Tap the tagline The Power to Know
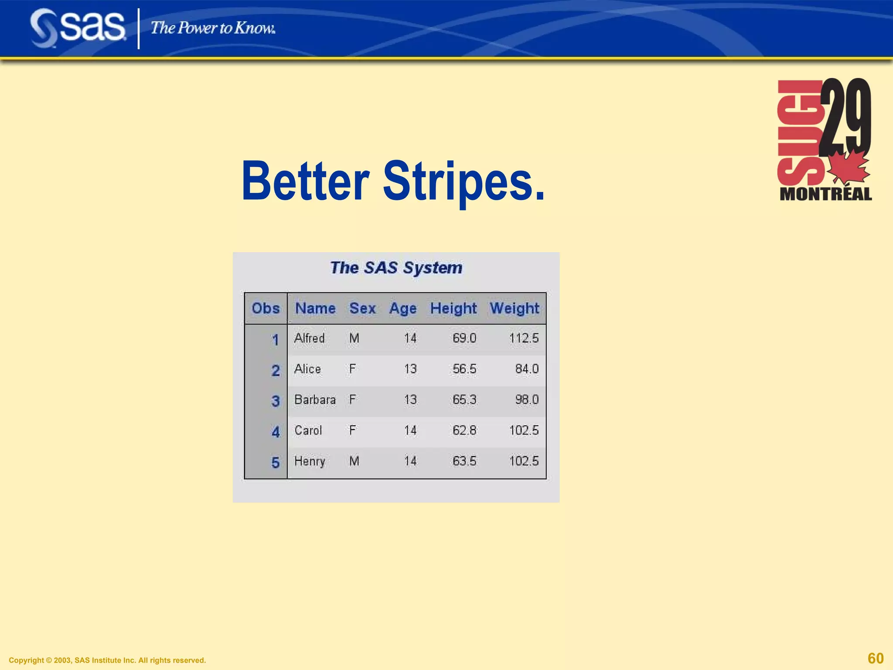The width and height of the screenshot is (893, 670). (213, 28)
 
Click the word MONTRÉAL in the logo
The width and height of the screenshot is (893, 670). (825, 194)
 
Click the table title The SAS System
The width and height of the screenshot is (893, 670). (396, 268)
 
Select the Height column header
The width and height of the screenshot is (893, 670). (453, 308)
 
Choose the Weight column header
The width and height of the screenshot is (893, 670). (515, 308)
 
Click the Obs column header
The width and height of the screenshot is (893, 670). (266, 308)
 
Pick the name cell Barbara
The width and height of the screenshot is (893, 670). (315, 400)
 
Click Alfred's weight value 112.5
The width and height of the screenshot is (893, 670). (524, 338)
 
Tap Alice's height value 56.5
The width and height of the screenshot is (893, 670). (464, 369)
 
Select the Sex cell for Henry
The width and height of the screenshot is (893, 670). (354, 461)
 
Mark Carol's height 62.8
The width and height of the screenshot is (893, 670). (464, 431)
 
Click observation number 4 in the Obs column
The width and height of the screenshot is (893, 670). (276, 432)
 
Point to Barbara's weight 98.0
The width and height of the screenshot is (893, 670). (527, 400)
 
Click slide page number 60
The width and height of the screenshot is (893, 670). (876, 658)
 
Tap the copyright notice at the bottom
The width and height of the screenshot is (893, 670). (107, 660)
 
